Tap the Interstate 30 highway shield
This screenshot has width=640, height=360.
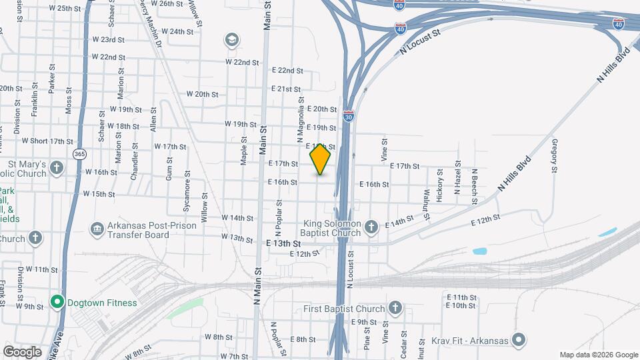(x=349, y=116)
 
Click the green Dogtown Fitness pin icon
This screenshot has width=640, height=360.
(x=57, y=303)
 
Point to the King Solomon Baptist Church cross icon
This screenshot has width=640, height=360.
(x=371, y=229)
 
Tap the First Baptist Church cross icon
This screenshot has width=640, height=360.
(x=395, y=308)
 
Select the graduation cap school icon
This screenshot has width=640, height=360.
(x=232, y=40)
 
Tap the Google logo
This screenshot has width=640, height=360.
(x=22, y=351)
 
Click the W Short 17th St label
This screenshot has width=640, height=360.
(x=47, y=141)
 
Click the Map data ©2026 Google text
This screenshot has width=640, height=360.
(x=598, y=355)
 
